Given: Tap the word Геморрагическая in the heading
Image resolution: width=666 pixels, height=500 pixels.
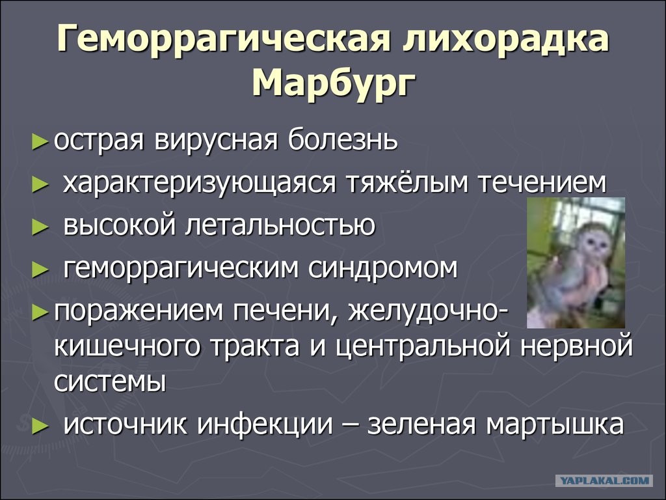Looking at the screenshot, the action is click(224, 38).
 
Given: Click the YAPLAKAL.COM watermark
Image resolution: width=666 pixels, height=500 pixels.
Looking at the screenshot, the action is click(604, 481).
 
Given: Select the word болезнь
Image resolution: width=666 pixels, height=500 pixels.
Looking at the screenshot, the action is click(343, 139).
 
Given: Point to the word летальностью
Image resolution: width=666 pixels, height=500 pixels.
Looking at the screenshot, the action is click(280, 226).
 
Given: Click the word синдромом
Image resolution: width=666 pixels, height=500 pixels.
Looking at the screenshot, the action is click(383, 269).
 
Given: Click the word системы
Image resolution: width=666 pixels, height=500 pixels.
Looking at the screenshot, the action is click(110, 382).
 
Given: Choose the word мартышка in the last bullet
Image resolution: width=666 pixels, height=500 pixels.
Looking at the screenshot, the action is click(555, 425).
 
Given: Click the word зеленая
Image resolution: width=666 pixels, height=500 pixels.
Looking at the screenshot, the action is click(421, 425).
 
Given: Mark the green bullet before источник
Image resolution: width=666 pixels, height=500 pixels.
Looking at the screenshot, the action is click(40, 426).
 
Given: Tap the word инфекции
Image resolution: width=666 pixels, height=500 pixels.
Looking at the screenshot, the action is click(265, 425).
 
